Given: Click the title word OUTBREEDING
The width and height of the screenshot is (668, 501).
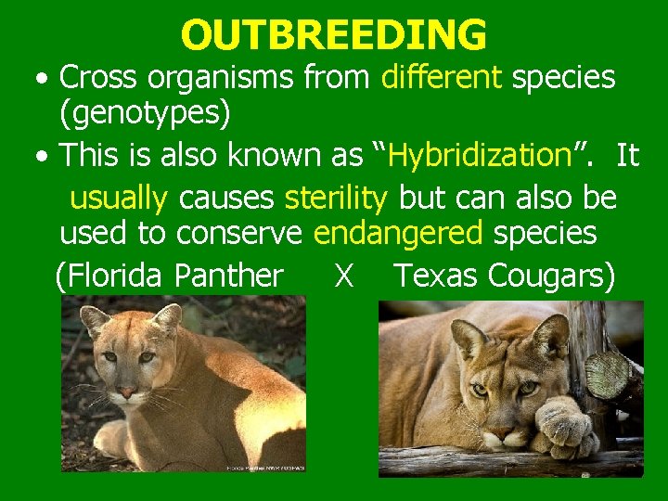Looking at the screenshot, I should [x=333, y=35].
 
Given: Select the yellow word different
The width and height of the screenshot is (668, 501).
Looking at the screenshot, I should [x=441, y=77].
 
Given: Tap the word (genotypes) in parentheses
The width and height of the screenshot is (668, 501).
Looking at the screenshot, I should [x=145, y=115].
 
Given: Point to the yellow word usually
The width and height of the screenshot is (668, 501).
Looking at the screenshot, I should [x=119, y=197].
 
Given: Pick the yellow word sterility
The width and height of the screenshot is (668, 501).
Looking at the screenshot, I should [x=337, y=197].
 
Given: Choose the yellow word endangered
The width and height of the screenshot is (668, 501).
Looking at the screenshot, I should [x=398, y=234].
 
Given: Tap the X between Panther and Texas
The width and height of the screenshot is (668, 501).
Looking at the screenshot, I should [x=344, y=276].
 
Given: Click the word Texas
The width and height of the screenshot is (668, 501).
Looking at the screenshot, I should [x=436, y=275].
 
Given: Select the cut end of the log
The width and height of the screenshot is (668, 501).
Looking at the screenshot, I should [x=609, y=373].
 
